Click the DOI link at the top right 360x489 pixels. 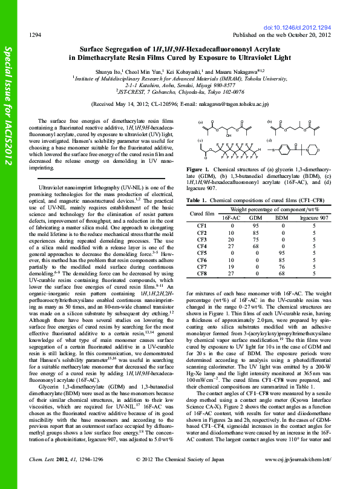[x=299, y=28]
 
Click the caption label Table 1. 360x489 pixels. [x=197, y=200]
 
